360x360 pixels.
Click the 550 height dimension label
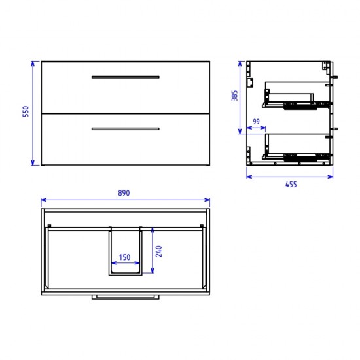[x=26, y=111]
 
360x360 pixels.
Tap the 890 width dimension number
[x=124, y=193]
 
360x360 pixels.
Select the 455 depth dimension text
[x=291, y=184]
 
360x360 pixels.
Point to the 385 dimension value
[x=234, y=96]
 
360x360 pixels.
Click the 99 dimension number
[x=256, y=122]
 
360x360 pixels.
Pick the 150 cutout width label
[x=124, y=257]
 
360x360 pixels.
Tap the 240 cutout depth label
[x=158, y=251]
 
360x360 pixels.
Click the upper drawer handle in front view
[x=126, y=77]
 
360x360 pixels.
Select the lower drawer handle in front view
[x=126, y=129]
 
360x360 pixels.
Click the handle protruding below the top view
[x=126, y=297]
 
